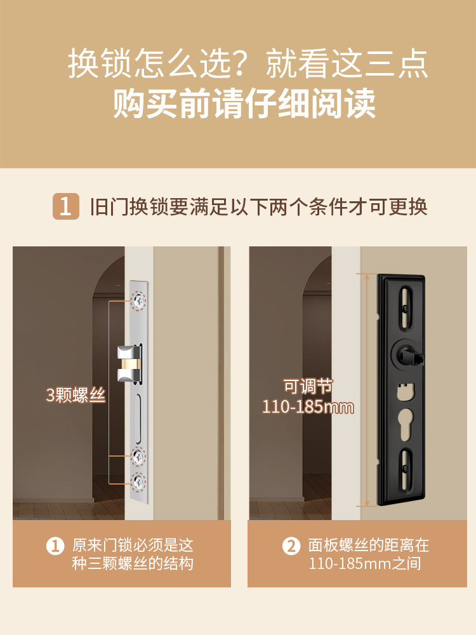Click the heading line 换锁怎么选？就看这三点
point(248,65)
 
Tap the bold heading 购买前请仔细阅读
point(244,104)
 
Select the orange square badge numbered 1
point(65,206)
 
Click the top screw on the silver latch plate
point(138,301)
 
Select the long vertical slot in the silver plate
point(138,416)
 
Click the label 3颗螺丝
point(75,395)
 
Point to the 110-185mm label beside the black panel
point(308,407)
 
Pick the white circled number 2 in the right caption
point(291,545)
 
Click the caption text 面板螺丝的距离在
point(369,545)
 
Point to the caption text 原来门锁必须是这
point(133,545)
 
